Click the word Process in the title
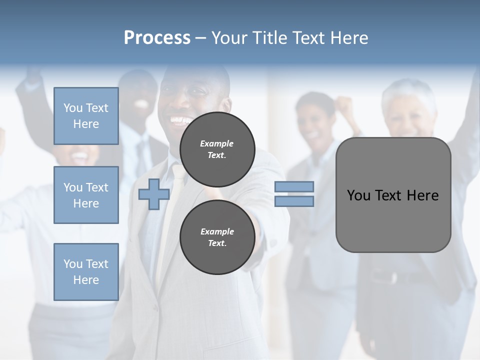tap(157, 38)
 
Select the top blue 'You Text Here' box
tap(86, 116)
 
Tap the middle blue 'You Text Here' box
tap(86, 195)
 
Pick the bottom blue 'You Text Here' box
tap(86, 271)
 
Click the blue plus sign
tap(154, 194)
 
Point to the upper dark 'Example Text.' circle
tap(217, 149)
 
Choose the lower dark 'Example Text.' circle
tap(217, 237)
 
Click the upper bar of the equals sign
tap(294, 186)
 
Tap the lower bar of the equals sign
tap(294, 201)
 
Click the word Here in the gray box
tap(422, 195)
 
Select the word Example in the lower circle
tap(217, 231)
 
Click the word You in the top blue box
tap(73, 108)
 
